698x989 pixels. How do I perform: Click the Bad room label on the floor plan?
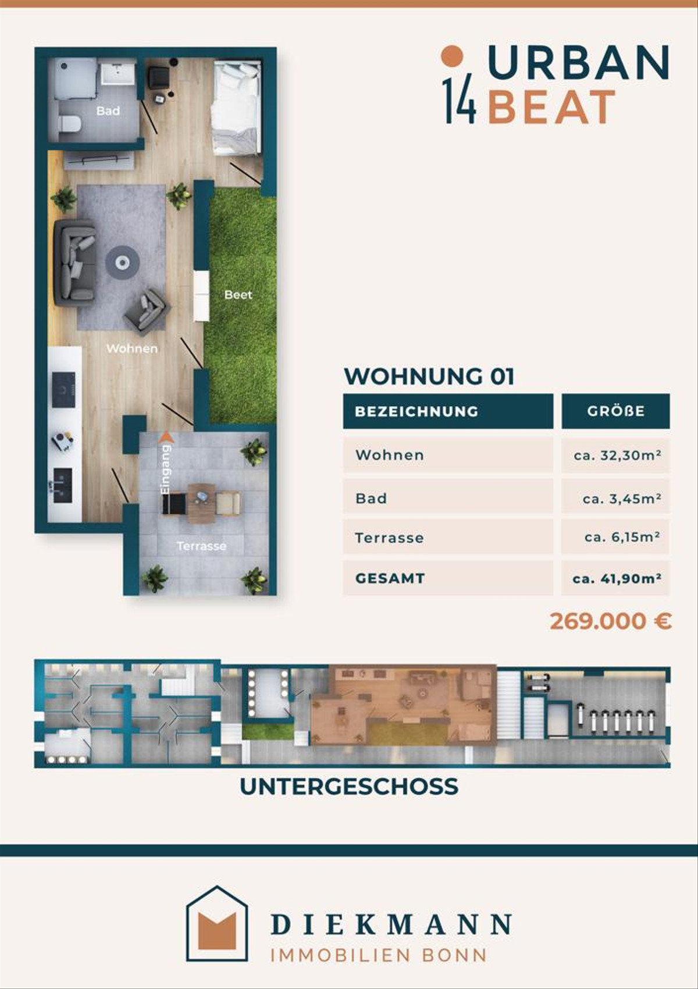point(108,111)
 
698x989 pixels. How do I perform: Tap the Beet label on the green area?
point(238,294)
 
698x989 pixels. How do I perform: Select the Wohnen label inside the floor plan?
point(132,348)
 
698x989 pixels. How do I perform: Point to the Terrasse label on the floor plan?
point(201,546)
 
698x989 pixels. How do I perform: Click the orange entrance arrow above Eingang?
point(166,437)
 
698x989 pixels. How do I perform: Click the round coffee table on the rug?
point(122,263)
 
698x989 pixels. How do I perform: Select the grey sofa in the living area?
point(74,261)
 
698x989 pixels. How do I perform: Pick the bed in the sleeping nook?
point(236,109)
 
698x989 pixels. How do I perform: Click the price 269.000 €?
point(611,621)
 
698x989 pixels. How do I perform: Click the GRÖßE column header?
point(615,411)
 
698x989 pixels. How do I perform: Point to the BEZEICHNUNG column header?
point(448,411)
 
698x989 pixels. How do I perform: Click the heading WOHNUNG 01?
point(429,376)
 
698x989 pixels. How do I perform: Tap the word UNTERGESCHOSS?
point(349,787)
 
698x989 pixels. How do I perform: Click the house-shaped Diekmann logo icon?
point(217,924)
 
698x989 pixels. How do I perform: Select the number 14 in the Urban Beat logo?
point(460,101)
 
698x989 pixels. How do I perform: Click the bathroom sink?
point(118,73)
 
